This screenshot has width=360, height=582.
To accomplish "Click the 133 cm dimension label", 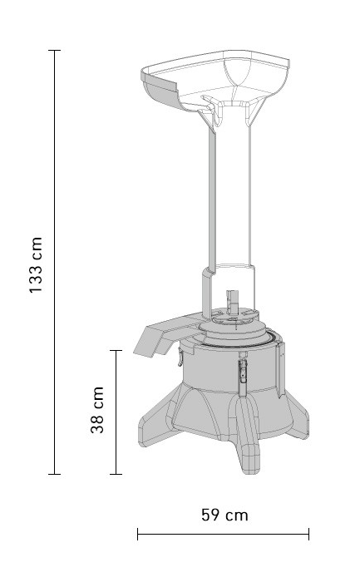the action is pos(36,264).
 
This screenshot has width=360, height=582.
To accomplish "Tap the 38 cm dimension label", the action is pos(97,410).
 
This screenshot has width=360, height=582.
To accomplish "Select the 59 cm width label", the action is pos(224,515).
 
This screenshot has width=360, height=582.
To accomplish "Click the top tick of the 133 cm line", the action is pos(55,50).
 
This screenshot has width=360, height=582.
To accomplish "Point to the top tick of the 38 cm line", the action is pos(116,350).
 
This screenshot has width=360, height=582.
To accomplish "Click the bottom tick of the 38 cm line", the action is pos(116,474).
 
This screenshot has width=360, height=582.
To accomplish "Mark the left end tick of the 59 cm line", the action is pos(138,534).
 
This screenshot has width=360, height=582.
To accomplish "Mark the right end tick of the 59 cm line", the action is pos(308,534).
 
